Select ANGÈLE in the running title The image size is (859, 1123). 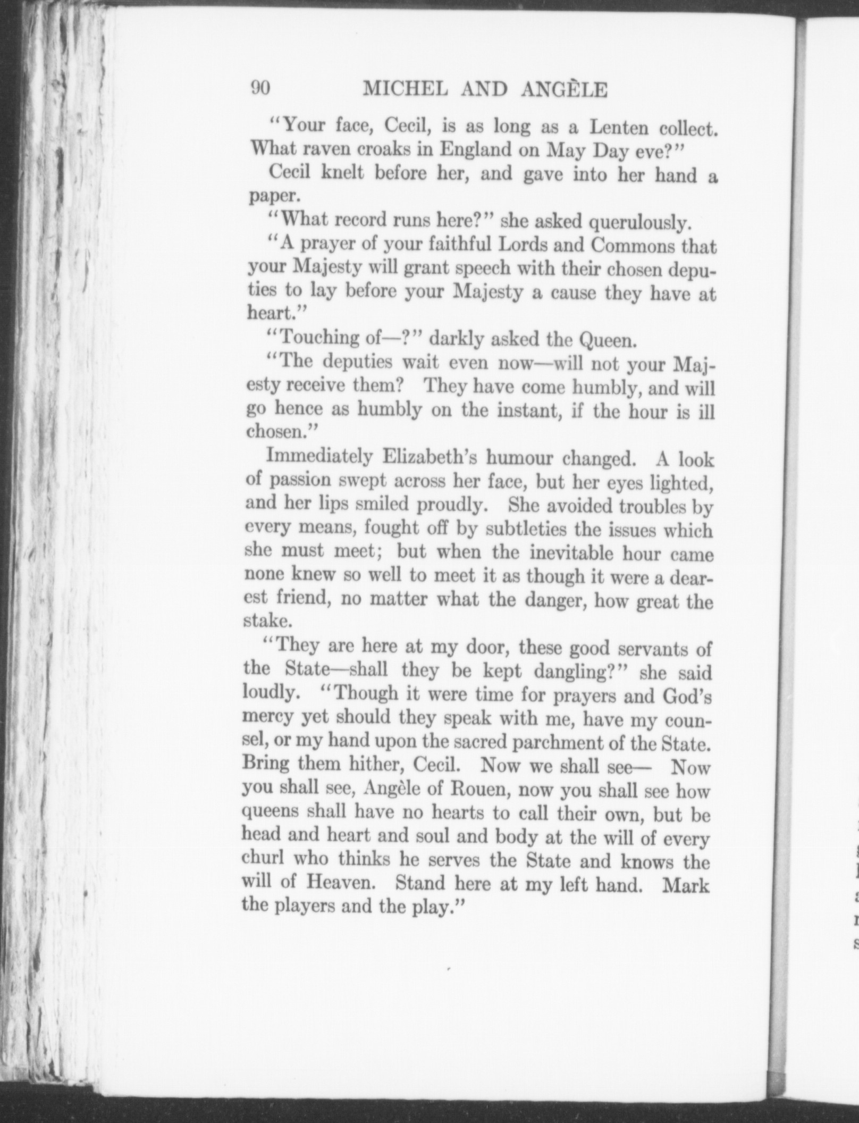564,90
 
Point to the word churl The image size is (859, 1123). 264,859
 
